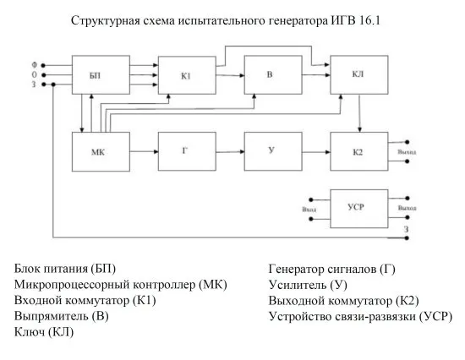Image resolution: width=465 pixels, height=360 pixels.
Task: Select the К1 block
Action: tap(187, 76)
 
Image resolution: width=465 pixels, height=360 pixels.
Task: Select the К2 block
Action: tap(358, 152)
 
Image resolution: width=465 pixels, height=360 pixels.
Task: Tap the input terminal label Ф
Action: tap(35, 64)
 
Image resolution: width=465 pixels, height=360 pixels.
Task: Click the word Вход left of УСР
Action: tap(309, 208)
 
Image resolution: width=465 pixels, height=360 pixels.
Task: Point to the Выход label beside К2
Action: tap(407, 153)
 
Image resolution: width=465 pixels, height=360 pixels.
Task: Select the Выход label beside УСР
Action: tap(408, 208)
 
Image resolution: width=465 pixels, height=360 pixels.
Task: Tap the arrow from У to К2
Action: tap(316, 152)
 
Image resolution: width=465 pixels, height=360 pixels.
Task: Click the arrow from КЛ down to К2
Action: tap(361, 113)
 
